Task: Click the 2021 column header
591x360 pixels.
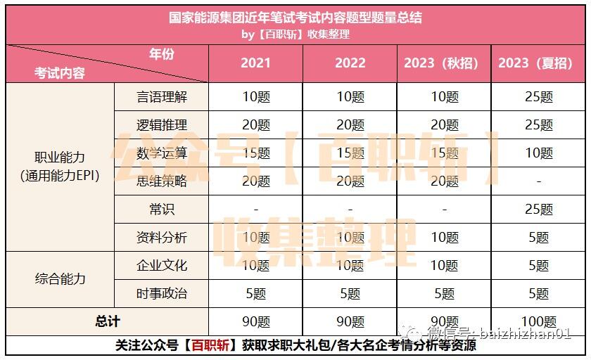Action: point(255,63)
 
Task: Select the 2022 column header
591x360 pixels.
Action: point(350,63)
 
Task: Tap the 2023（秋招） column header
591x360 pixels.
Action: point(441,63)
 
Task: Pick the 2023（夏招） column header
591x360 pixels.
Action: point(535,63)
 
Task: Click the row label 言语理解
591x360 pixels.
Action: point(162,97)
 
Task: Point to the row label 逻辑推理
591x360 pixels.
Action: point(162,124)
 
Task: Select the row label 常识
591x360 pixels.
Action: point(162,209)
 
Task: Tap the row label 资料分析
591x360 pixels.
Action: point(162,237)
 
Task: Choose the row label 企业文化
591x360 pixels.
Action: point(162,265)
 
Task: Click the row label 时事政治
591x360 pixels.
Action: point(162,293)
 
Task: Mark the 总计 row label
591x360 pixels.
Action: point(108,321)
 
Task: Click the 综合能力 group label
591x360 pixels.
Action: point(60,279)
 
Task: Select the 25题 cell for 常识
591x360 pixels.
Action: point(539,209)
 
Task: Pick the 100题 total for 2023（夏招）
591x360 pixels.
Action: point(539,321)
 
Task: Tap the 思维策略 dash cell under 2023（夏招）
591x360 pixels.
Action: point(539,181)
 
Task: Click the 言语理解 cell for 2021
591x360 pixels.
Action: point(256,97)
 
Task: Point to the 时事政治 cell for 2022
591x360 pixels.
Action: point(350,293)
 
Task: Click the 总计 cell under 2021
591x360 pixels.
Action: point(256,321)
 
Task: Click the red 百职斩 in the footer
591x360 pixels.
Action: point(210,345)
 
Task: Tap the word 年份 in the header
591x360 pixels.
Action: point(162,54)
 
